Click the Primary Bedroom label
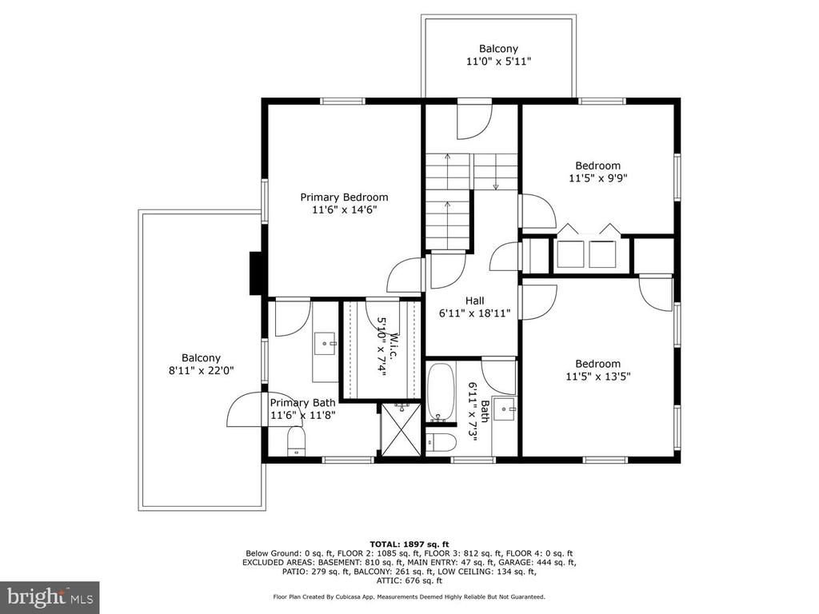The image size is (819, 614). (x=344, y=197)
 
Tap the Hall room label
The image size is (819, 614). (x=474, y=301)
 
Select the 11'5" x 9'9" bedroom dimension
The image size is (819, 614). (x=597, y=178)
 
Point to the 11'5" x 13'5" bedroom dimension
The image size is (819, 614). (x=597, y=376)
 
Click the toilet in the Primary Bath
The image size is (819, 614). (x=296, y=441)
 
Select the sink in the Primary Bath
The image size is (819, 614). (x=325, y=344)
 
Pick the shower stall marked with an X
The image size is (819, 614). (x=401, y=429)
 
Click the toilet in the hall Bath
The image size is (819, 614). (x=441, y=442)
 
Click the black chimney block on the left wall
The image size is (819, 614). (x=258, y=273)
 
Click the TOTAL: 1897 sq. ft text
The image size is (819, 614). (x=409, y=544)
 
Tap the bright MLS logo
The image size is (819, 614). (x=50, y=596)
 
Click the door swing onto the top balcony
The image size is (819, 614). (x=474, y=122)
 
